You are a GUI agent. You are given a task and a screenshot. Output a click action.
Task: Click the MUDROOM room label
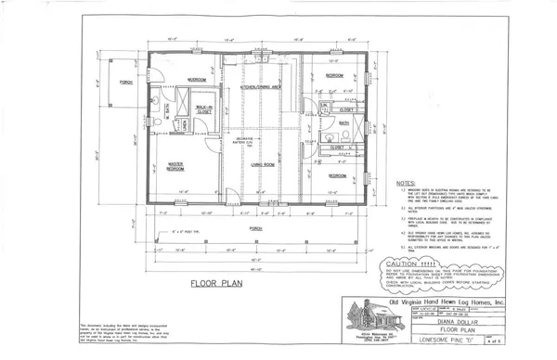[197, 80]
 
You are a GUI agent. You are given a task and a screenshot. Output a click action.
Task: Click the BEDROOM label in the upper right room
[335, 74]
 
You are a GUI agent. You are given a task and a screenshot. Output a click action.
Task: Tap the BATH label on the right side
[343, 122]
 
